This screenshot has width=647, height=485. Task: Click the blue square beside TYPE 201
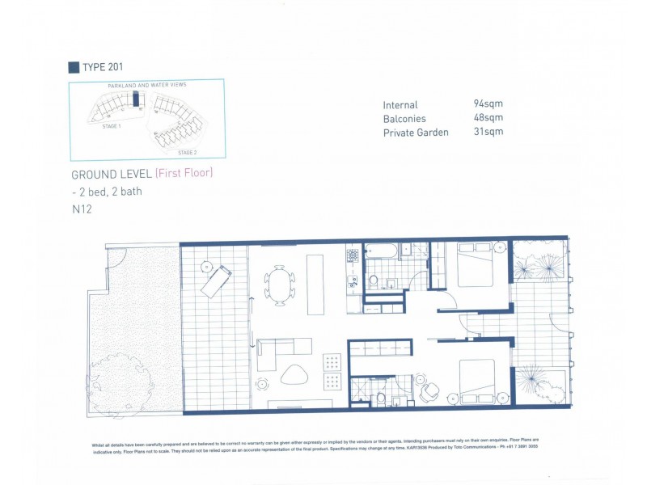coord(74,67)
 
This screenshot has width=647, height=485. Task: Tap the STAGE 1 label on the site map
coord(111,127)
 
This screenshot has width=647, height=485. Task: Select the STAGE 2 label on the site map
coord(187,152)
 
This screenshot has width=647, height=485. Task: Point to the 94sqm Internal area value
coord(488,104)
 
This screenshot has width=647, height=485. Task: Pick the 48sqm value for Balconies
coord(488,118)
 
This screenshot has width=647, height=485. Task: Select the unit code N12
coord(81,209)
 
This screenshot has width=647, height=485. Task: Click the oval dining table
coord(280,285)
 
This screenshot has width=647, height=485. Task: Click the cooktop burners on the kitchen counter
coord(353,255)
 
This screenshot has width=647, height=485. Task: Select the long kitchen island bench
coord(315,285)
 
